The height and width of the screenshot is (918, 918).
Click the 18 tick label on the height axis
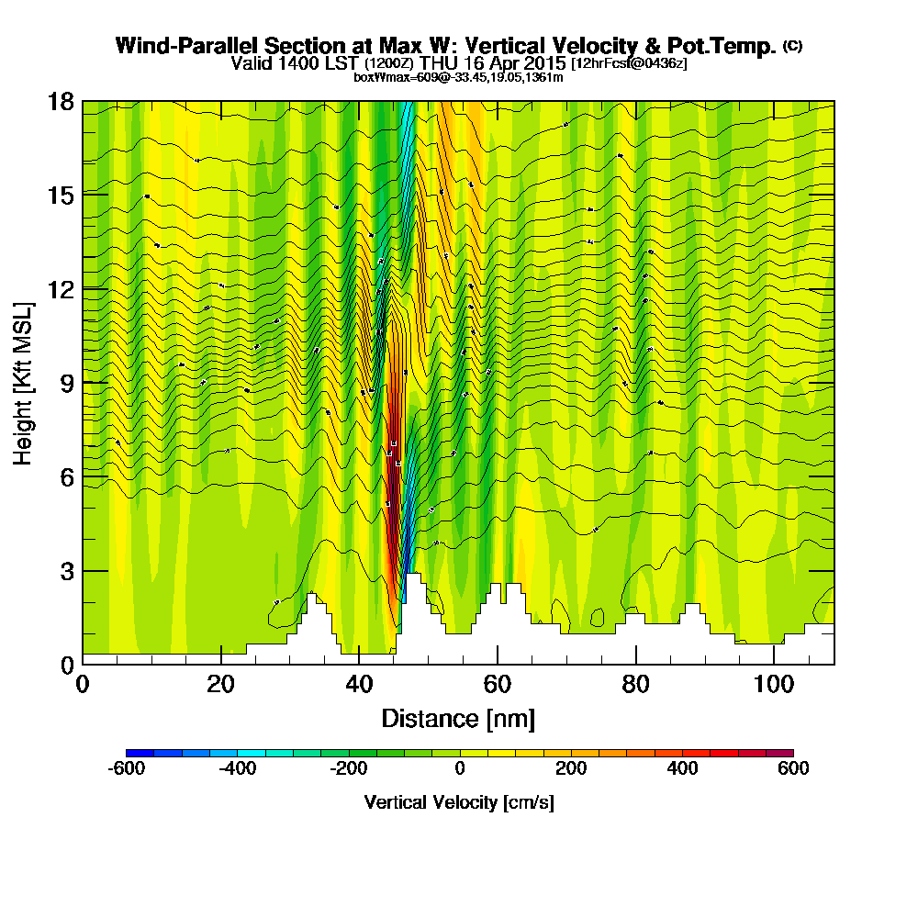62,101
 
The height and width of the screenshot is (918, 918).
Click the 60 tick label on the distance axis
497,685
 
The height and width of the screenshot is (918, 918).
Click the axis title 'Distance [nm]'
458,718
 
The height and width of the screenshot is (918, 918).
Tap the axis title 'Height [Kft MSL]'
24,382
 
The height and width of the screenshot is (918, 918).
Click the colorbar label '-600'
127,768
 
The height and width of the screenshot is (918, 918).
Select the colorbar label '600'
793,768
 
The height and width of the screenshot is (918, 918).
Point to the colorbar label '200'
571,768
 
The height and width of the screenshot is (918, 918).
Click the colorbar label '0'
460,768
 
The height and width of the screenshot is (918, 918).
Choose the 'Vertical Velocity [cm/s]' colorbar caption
459,802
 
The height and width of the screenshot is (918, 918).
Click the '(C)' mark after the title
792,45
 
